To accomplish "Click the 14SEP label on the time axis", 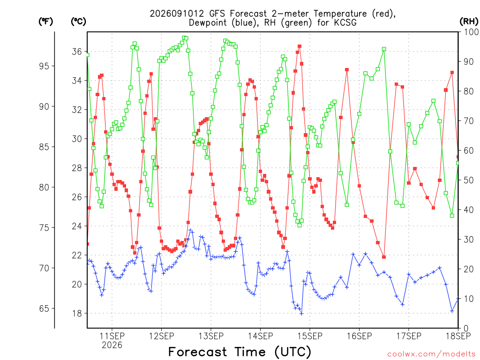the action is pos(261,336).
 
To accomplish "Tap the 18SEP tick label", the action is pos(458,336).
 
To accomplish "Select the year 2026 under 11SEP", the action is pos(112,345).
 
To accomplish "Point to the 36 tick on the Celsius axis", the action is pos(77,52).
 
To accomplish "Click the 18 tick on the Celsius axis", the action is pos(77,314).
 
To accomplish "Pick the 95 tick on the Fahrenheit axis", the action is pos(44,66).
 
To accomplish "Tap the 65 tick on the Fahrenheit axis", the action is pos(44,308).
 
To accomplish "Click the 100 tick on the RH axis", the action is pos(471,32).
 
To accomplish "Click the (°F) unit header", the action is pos(45,22).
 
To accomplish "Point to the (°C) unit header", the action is pos(78,22).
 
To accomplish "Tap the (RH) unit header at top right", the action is pos(469,22).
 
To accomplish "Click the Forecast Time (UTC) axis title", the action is pos(240,352).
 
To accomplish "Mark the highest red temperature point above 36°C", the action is pos(300,46).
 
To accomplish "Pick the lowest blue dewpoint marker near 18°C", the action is pos(301,314).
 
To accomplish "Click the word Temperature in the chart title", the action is pos(340,14).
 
